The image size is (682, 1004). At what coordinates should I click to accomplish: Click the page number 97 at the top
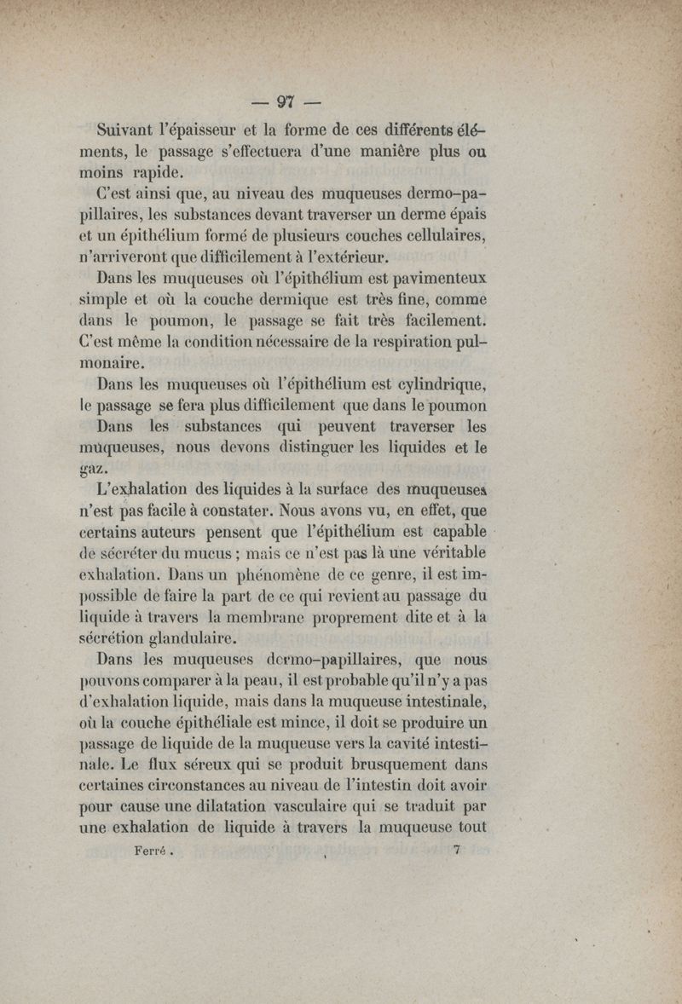coord(285,101)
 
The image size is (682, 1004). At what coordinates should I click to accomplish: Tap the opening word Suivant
coord(131,133)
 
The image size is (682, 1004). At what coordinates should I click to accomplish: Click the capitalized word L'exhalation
coord(142,489)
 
